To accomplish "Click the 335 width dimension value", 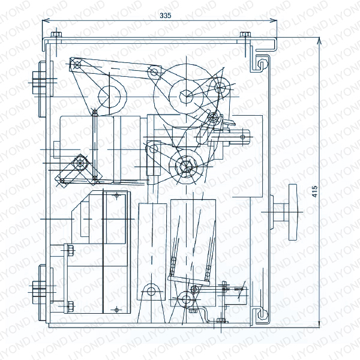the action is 166,16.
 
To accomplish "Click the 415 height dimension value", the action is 315,191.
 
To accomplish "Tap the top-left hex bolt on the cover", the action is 56,34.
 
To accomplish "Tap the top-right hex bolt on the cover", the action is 245,34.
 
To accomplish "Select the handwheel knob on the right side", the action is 293,212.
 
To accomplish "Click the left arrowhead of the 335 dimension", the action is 46,21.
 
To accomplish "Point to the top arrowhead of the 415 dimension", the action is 319,40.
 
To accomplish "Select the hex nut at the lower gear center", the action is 186,166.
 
